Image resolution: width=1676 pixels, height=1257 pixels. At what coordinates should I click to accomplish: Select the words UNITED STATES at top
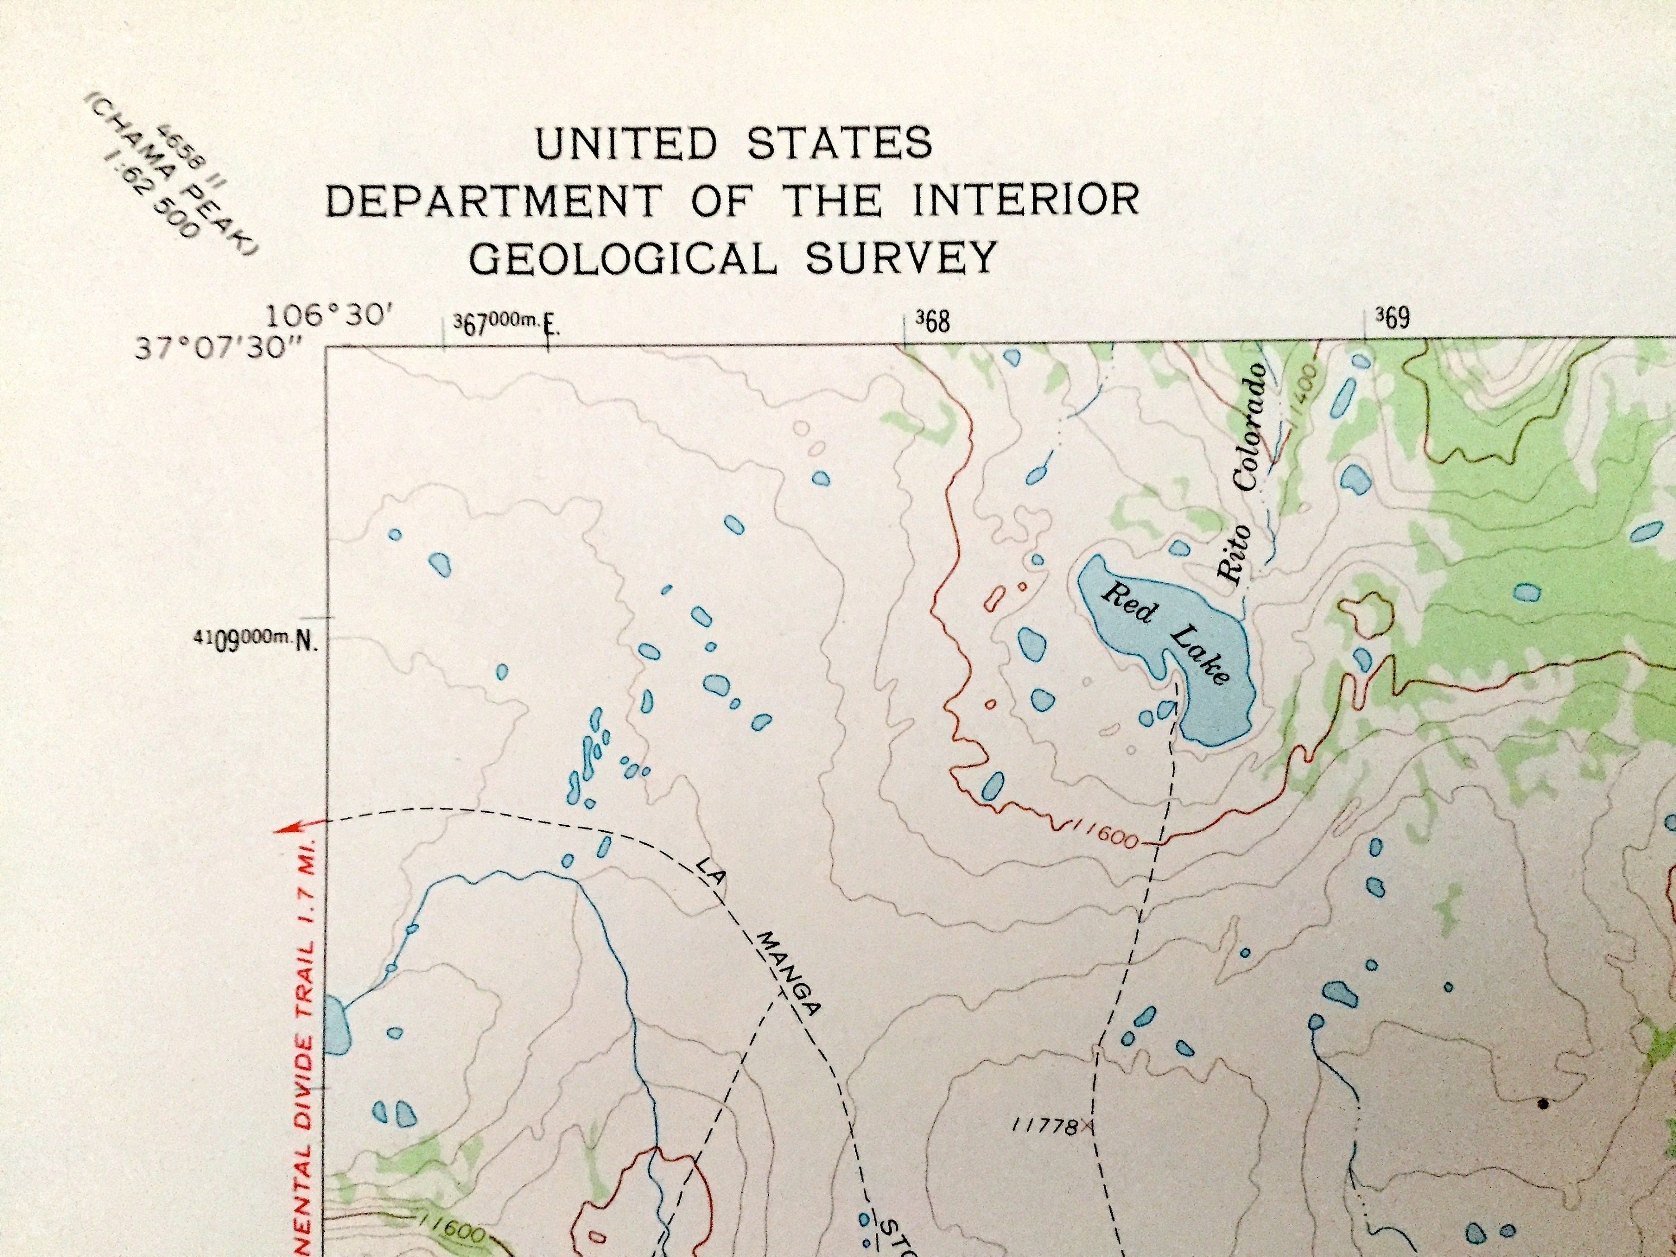point(734,142)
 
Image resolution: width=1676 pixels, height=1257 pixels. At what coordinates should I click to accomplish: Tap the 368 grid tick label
point(932,321)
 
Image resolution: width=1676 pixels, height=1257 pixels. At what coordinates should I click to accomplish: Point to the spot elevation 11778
point(1045,1127)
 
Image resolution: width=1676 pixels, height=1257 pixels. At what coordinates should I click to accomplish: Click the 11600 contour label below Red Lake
point(1106,836)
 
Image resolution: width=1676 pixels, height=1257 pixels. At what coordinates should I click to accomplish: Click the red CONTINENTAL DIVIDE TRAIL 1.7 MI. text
point(306,1053)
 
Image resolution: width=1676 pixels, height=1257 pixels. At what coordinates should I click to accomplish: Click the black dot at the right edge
point(1542,1104)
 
